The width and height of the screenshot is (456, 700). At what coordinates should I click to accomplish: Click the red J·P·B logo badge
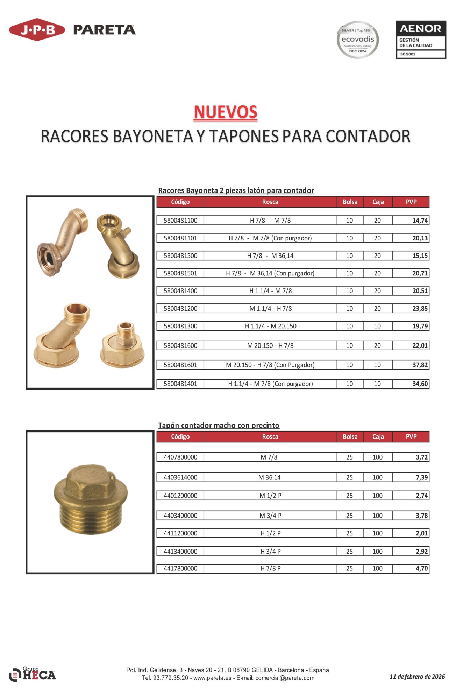[x=37, y=30]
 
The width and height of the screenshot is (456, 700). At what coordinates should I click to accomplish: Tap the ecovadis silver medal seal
[x=357, y=40]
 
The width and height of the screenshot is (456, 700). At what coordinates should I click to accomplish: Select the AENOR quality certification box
[x=421, y=40]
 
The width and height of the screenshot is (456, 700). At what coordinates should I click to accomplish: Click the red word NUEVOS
[x=226, y=112]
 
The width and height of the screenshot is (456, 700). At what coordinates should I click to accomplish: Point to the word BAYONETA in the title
[x=153, y=136]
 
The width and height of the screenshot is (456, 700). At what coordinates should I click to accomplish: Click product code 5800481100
[x=180, y=220]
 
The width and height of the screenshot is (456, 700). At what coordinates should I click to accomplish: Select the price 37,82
[x=420, y=365]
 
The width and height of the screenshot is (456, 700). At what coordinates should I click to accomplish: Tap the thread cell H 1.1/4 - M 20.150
[x=270, y=326]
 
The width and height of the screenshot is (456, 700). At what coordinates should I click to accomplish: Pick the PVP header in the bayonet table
[x=411, y=202]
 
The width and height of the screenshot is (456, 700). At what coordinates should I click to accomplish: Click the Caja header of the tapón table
[x=378, y=436]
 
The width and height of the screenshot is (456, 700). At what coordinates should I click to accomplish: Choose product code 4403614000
[x=180, y=477]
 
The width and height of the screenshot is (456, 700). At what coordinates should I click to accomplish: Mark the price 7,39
[x=421, y=477]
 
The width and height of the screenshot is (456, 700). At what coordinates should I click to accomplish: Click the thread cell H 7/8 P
[x=270, y=568]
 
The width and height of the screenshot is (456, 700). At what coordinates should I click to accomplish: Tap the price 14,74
[x=420, y=220]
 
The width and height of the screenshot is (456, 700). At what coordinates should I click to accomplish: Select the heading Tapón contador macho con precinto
[x=219, y=425]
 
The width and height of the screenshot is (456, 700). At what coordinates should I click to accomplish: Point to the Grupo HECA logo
[x=32, y=674]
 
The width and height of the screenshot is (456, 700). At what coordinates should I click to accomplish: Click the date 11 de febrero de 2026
[x=417, y=677]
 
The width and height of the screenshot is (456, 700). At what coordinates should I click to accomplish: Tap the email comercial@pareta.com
[x=285, y=678]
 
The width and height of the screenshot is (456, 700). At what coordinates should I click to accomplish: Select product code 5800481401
[x=180, y=384]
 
